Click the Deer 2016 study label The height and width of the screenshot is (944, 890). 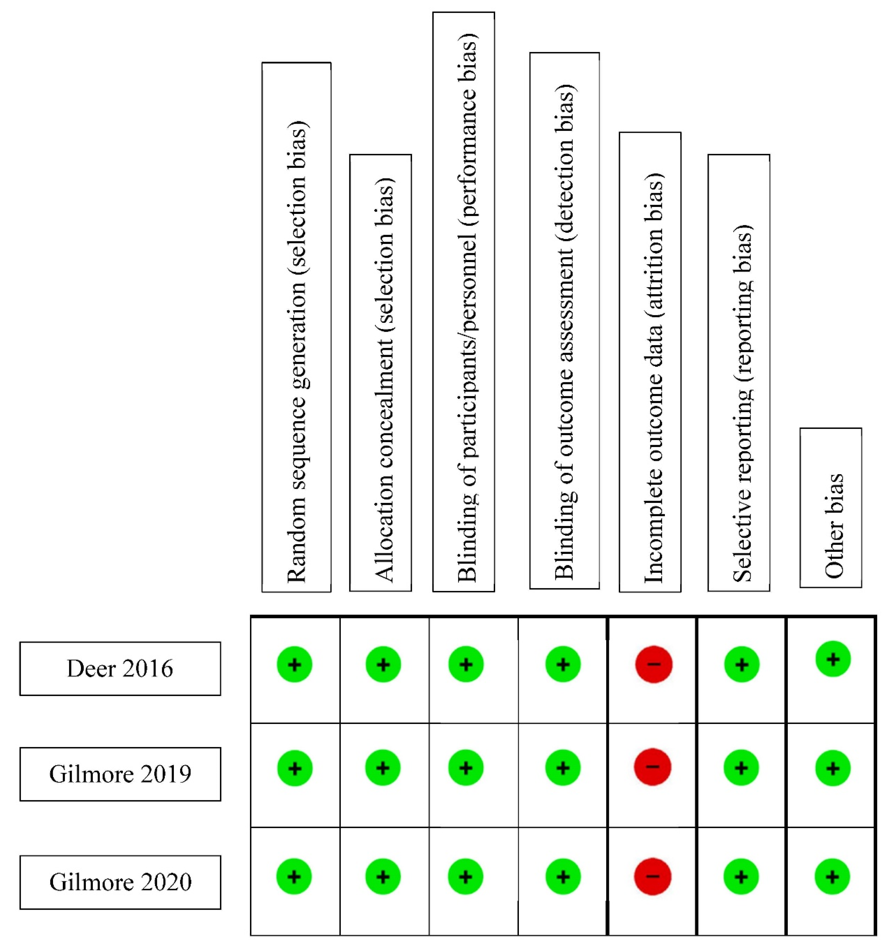pos(120,669)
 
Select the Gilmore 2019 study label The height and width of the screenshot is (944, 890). pos(120,774)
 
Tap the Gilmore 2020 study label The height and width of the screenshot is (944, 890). pos(120,882)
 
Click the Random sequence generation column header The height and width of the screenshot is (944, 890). pos(296,327)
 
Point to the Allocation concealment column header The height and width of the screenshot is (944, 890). pos(380,373)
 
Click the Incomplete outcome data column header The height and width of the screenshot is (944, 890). pos(650,362)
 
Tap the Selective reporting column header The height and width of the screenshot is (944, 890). pos(739,373)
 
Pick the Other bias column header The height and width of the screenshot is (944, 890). pos(831,508)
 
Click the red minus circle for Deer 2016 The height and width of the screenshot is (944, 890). pos(654,664)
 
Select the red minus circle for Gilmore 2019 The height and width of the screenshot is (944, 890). pos(653,767)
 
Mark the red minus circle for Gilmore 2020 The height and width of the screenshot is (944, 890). pos(653,876)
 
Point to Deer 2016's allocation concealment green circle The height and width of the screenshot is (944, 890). pos(383,664)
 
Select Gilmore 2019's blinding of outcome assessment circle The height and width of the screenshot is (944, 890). pos(563,767)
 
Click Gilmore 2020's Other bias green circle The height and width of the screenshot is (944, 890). pos(832,877)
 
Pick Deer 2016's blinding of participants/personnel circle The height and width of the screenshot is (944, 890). pos(466,664)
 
